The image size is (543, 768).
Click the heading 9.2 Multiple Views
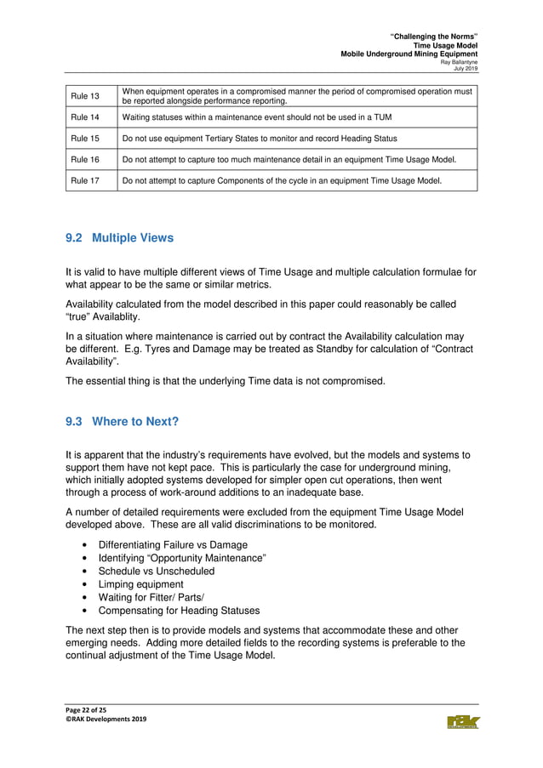(119, 238)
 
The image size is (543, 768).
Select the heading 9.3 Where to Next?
(123, 421)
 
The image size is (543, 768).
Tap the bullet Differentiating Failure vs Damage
(173, 544)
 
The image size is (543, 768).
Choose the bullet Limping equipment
(140, 584)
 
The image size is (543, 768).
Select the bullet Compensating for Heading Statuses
(179, 611)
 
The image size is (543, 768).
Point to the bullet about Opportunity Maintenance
(182, 558)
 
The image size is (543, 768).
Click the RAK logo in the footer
(462, 722)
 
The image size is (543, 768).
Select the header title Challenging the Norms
(433, 37)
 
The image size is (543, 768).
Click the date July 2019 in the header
(466, 69)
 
